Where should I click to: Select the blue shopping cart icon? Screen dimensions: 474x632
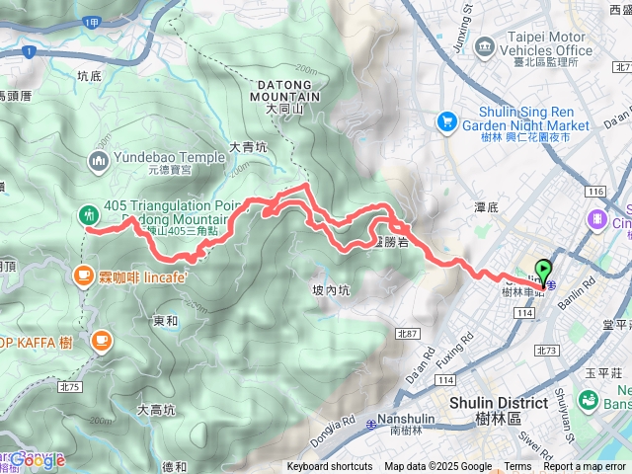pyautogui.click(x=446, y=121)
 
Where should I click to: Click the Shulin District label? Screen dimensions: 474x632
pyautogui.click(x=498, y=403)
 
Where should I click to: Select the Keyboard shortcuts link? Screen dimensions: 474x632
pyautogui.click(x=330, y=467)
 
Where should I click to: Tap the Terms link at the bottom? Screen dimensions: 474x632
pyautogui.click(x=517, y=467)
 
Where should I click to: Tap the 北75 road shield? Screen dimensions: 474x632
pyautogui.click(x=69, y=359)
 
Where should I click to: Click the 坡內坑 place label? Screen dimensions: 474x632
pyautogui.click(x=331, y=290)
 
